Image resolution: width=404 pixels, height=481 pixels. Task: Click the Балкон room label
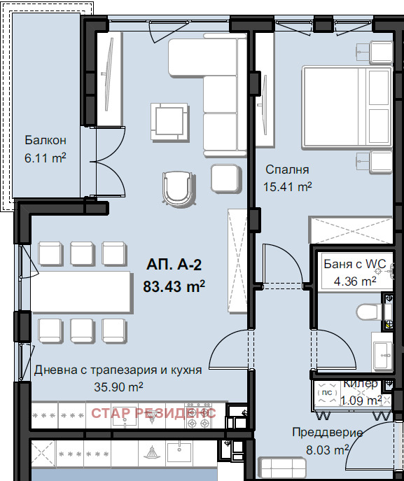pyautogui.click(x=46, y=140)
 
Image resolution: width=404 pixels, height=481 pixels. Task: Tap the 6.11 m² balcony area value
pyautogui.click(x=46, y=158)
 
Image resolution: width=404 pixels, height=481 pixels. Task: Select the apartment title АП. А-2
pyautogui.click(x=174, y=265)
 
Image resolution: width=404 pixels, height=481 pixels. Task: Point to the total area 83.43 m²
pyautogui.click(x=174, y=286)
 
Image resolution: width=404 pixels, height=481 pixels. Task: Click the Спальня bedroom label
pyautogui.click(x=287, y=169)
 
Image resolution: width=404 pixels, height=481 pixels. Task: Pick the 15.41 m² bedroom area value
pyautogui.click(x=288, y=186)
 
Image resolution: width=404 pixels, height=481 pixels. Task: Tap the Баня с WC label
pyautogui.click(x=355, y=264)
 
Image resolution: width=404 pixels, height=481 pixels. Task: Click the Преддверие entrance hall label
pyautogui.click(x=327, y=433)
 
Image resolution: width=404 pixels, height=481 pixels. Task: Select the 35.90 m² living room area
pyautogui.click(x=118, y=386)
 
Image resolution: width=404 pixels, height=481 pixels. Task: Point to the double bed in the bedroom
pyautogui.click(x=347, y=107)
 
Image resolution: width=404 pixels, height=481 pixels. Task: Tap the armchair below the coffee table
pyautogui.click(x=179, y=188)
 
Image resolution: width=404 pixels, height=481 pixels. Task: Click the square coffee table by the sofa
pyautogui.click(x=169, y=122)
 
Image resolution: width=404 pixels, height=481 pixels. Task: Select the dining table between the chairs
pyautogui.click(x=82, y=292)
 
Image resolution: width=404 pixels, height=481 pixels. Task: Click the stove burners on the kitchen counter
pyautogui.click(x=198, y=416)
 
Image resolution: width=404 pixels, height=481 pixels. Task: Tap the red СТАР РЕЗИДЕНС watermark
pyautogui.click(x=153, y=413)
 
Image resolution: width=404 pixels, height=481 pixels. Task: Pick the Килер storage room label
pyautogui.click(x=361, y=384)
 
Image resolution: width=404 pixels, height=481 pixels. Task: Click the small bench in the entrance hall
pyautogui.click(x=281, y=468)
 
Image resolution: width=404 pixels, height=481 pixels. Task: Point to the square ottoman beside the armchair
pyautogui.click(x=225, y=179)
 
